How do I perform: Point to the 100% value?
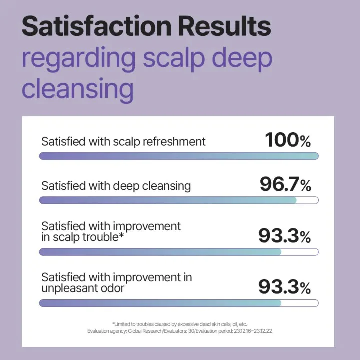(x=288, y=140)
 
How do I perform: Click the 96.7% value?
(x=285, y=185)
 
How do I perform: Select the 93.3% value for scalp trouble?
(x=284, y=235)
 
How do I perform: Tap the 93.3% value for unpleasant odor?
(x=284, y=286)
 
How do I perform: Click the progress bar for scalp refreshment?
(x=179, y=156)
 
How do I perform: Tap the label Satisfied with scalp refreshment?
(x=123, y=142)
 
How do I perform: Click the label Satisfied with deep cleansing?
(x=116, y=186)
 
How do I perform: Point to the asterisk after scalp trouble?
(x=121, y=236)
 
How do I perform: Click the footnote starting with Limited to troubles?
(x=179, y=324)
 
